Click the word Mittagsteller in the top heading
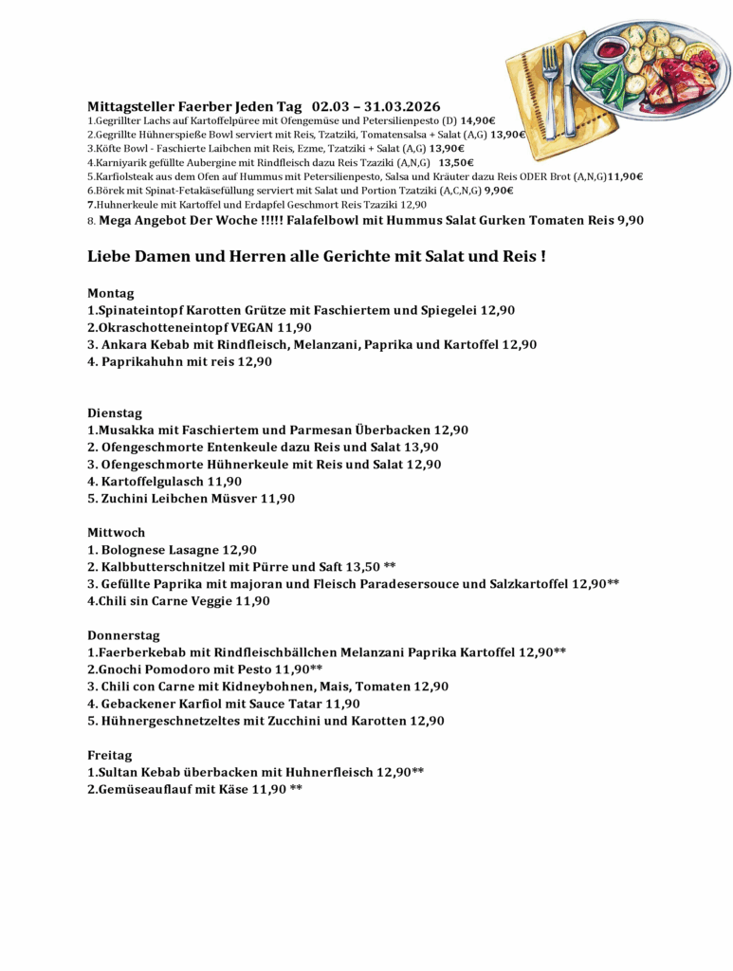pyautogui.click(x=127, y=106)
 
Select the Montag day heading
pyautogui.click(x=111, y=293)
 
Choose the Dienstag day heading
pyautogui.click(x=115, y=412)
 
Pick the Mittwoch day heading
pyautogui.click(x=117, y=532)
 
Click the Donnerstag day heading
pyautogui.click(x=124, y=635)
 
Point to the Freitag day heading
pyautogui.click(x=110, y=755)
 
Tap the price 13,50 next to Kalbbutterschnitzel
pyautogui.click(x=360, y=567)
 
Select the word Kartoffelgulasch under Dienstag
pyautogui.click(x=154, y=482)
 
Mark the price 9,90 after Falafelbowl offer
pyautogui.click(x=631, y=220)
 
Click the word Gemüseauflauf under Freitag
pyautogui.click(x=143, y=789)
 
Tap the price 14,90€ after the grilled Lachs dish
pyautogui.click(x=479, y=121)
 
